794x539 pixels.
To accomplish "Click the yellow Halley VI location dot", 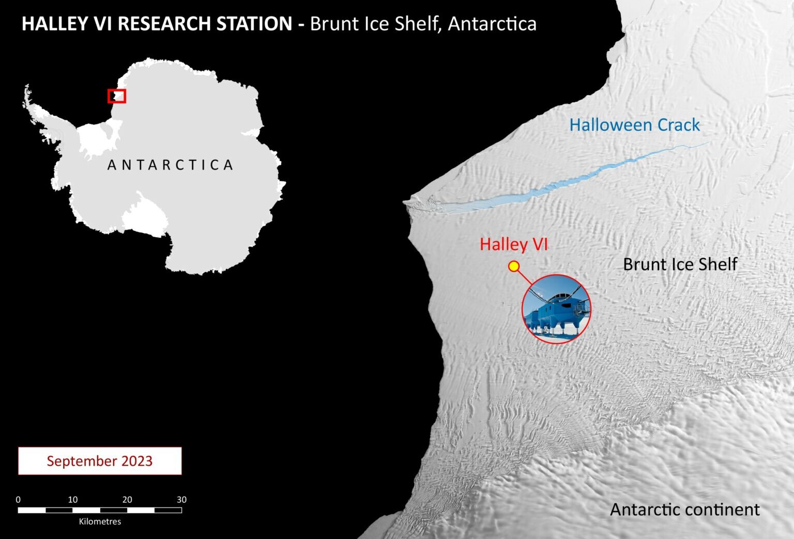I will (514, 266).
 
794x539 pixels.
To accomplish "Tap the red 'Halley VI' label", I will (513, 244).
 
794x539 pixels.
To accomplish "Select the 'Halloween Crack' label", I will (634, 125).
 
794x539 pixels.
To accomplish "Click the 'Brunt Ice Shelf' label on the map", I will (680, 264).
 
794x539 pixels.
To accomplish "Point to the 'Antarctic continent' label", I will (684, 510).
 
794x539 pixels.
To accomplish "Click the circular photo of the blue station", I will (556, 309).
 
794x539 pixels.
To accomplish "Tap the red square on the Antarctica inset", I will (117, 96).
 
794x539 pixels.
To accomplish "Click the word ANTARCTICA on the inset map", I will (170, 165).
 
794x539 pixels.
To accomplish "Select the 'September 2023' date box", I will (100, 461).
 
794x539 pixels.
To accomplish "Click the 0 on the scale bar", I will (18, 500).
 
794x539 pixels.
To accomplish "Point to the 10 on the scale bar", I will (73, 500).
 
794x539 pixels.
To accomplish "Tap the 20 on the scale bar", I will (127, 500).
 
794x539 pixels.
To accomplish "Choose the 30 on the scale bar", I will (181, 500).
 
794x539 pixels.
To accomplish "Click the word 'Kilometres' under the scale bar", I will (100, 521).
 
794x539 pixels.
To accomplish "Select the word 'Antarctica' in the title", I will (492, 24).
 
